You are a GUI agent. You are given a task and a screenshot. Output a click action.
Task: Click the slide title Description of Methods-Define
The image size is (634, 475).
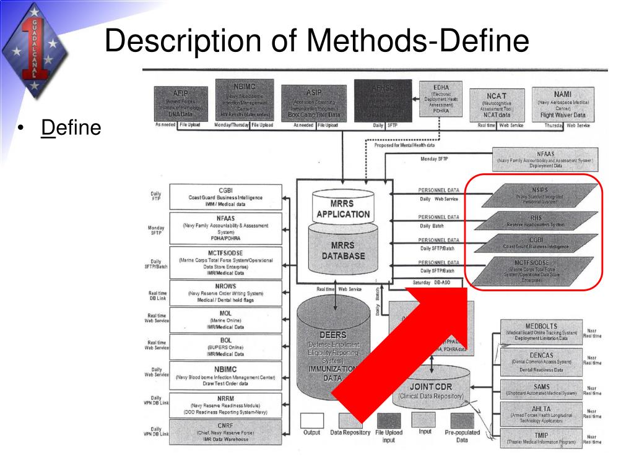click(x=316, y=43)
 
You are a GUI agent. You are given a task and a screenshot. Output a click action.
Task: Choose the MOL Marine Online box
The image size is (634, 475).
click(x=225, y=320)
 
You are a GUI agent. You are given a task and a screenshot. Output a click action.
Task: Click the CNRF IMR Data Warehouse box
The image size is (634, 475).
click(x=225, y=432)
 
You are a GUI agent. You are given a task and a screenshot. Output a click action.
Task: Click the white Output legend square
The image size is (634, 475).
click(x=312, y=420)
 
